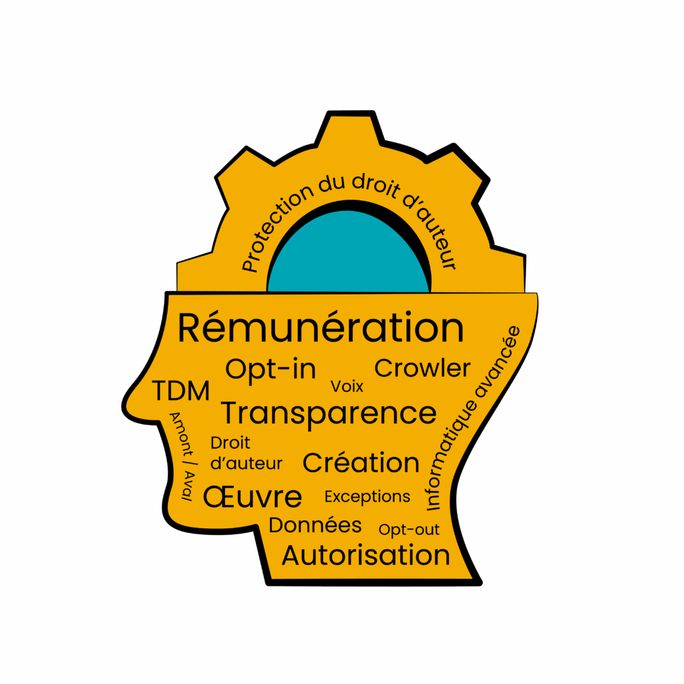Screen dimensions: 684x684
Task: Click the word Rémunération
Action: (321, 328)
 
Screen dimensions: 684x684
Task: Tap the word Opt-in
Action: (271, 369)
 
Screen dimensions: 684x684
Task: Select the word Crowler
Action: (422, 368)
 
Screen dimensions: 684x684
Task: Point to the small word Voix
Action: (347, 386)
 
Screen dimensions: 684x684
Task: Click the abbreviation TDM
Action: (181, 391)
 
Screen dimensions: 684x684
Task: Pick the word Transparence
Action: (329, 413)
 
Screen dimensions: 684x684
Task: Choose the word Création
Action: (361, 463)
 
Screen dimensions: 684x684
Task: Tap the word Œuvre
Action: (252, 497)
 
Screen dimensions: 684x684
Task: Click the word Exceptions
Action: (367, 496)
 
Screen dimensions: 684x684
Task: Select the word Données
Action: (315, 525)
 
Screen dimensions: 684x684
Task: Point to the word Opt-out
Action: (409, 530)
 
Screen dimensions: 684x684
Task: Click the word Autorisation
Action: (366, 555)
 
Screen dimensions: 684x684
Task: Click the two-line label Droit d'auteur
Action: (246, 453)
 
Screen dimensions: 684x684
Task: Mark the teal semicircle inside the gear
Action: (348, 254)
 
